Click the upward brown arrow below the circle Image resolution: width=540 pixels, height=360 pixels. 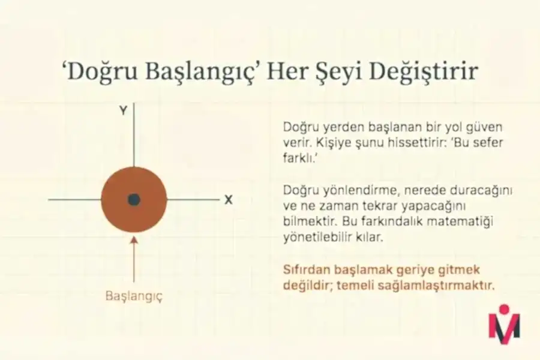pyautogui.click(x=134, y=258)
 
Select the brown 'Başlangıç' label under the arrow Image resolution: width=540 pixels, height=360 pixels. pyautogui.click(x=134, y=296)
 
